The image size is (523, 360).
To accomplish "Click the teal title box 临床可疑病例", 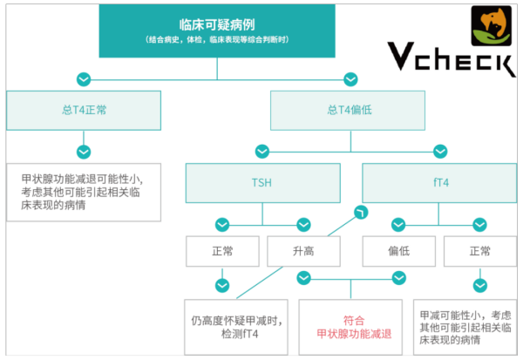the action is point(217,31).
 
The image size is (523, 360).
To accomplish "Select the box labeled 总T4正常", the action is point(84,111).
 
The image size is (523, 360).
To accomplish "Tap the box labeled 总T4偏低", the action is point(348,111).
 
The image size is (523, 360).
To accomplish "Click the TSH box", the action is point(263,183).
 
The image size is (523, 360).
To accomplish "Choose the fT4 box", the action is point(439,183).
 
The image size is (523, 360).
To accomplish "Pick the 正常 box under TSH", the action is point(222,251).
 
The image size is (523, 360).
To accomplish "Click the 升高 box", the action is point(304,251).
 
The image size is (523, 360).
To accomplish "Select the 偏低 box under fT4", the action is point(399,251).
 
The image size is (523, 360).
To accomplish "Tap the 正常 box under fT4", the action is point(480,251).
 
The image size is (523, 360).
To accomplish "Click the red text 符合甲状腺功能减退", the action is point(354,327).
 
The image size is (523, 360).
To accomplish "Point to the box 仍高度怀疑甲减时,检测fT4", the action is point(236,327).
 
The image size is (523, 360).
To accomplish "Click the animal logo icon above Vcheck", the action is point(492,25).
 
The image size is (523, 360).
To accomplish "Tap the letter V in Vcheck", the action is point(401,56).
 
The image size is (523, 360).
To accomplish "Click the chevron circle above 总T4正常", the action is point(84,79).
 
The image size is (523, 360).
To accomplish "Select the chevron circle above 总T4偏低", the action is point(350,79).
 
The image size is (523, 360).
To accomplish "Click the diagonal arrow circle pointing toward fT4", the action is point(361,212).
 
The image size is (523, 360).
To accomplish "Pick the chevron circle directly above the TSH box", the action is point(262,152).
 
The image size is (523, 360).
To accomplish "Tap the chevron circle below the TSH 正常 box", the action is point(222,286).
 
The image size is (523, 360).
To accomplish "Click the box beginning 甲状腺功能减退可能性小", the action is point(84,192).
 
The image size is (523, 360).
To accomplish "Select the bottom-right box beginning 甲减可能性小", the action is point(465,327).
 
